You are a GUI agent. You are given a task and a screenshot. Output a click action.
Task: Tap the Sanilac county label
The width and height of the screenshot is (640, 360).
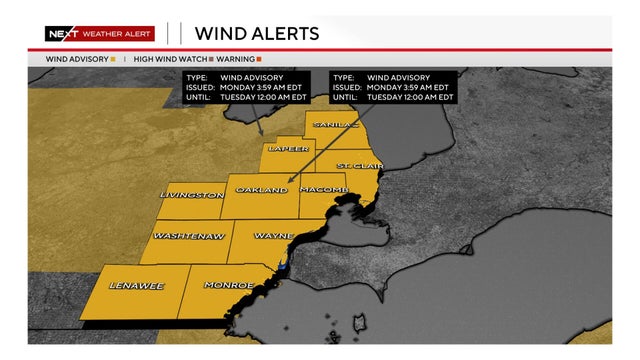coord(335,124)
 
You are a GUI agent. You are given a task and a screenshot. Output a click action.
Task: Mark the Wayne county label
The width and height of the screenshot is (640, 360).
coord(273,237)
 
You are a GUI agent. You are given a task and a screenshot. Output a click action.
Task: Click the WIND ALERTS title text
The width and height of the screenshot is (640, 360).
coord(257,33)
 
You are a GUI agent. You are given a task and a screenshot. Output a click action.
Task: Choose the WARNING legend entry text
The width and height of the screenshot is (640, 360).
coord(235,59)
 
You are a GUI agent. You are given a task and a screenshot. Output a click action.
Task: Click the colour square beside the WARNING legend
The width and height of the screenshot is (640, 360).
coord(258,59)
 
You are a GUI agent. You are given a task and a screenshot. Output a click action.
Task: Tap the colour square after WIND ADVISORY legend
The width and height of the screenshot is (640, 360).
coord(113,59)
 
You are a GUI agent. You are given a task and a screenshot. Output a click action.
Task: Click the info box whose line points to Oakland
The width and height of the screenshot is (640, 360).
coord(393,87)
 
